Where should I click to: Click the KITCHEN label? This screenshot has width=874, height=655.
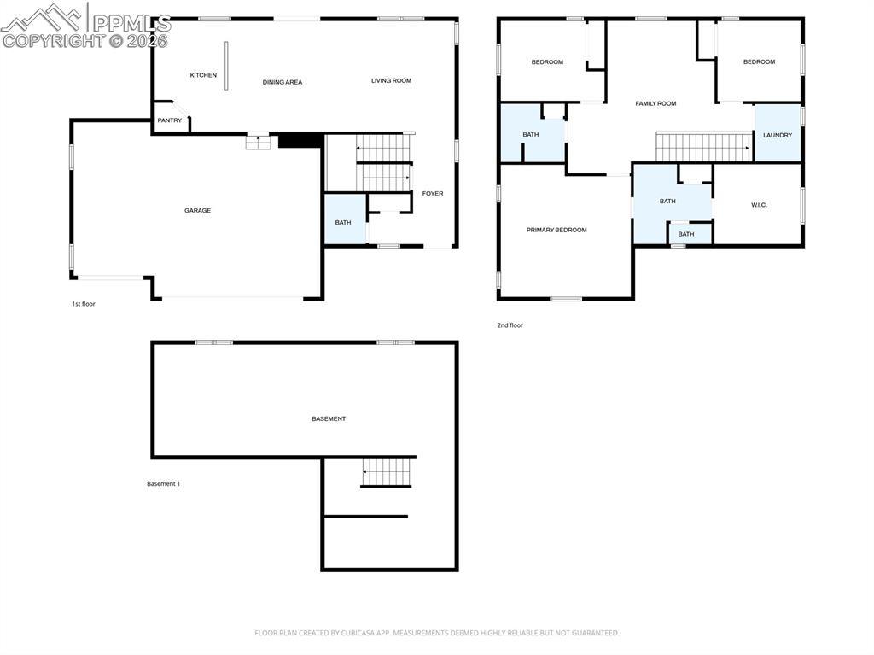pyautogui.click(x=203, y=75)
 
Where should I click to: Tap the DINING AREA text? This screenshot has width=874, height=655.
pyautogui.click(x=283, y=82)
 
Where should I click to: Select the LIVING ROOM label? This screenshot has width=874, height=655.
pyautogui.click(x=391, y=81)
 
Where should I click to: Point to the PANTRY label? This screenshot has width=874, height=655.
pyautogui.click(x=170, y=120)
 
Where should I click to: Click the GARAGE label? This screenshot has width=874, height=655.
pyautogui.click(x=197, y=210)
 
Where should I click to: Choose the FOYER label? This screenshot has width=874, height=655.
pyautogui.click(x=433, y=194)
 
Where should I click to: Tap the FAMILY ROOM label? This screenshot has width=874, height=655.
pyautogui.click(x=655, y=103)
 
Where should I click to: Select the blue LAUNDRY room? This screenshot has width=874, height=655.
pyautogui.click(x=778, y=134)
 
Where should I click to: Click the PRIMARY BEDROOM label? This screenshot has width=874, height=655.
pyautogui.click(x=556, y=230)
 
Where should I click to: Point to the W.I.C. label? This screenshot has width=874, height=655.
pyautogui.click(x=759, y=205)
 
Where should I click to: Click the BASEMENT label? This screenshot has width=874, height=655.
pyautogui.click(x=329, y=418)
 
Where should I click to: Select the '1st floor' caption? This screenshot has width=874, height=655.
pyautogui.click(x=84, y=303)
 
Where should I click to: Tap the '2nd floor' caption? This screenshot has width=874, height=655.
pyautogui.click(x=510, y=325)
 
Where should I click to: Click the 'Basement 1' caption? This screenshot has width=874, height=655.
pyautogui.click(x=163, y=484)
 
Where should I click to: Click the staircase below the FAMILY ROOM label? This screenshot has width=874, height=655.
pyautogui.click(x=702, y=146)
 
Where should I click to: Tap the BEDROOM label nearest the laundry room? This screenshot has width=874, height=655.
pyautogui.click(x=759, y=61)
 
